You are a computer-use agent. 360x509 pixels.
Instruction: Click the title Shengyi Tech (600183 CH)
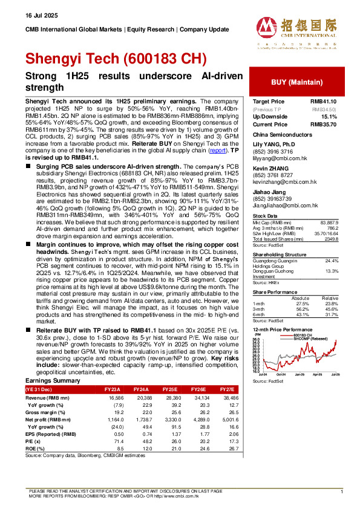(115, 59)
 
